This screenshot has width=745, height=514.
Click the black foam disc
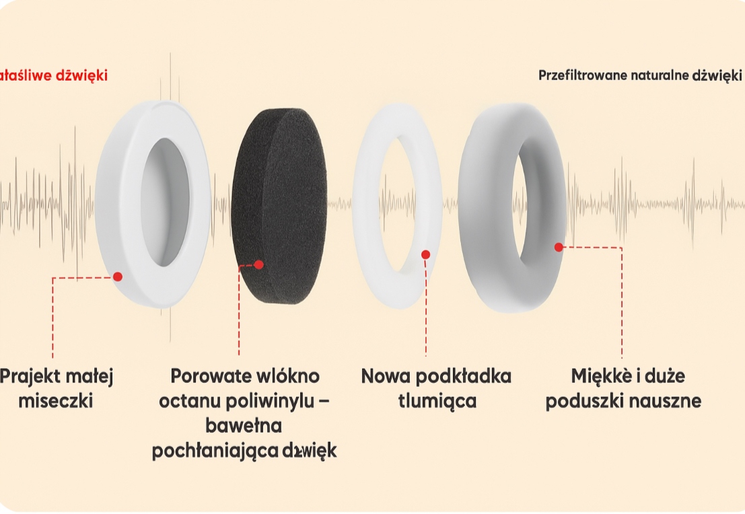click(x=279, y=202)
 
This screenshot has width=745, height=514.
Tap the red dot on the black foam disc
click(x=259, y=264)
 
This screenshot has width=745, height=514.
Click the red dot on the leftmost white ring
click(x=118, y=276)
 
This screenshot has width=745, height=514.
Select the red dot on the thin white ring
click(x=425, y=254)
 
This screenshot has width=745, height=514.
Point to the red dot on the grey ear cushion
click(x=559, y=247)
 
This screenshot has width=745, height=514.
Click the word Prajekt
click(x=27, y=377)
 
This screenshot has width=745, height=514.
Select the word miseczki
click(x=55, y=402)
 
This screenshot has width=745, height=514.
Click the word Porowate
click(x=202, y=375)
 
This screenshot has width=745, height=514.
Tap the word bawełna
click(x=244, y=427)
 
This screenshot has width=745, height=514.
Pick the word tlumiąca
click(x=437, y=402)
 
